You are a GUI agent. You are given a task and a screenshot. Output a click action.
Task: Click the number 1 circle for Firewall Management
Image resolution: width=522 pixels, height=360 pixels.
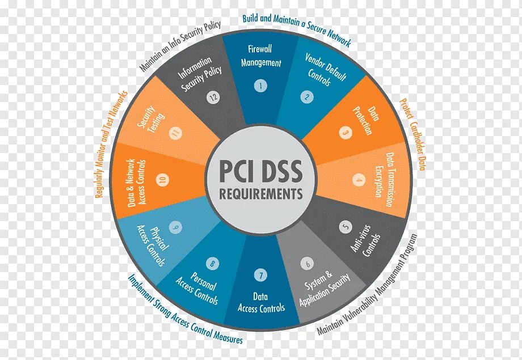(260, 86)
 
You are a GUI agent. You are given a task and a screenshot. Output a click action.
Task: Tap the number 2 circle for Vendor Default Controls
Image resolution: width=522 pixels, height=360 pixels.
(306, 97)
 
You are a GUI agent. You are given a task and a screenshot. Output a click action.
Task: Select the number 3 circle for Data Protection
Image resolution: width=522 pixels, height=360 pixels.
(344, 133)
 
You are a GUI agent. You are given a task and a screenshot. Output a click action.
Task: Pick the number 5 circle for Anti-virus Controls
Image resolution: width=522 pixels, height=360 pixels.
(346, 227)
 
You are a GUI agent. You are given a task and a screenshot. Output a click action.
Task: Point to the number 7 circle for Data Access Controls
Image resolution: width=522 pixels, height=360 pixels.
(260, 276)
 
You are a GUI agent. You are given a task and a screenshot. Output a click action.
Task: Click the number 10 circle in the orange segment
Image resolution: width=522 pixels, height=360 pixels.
(163, 180)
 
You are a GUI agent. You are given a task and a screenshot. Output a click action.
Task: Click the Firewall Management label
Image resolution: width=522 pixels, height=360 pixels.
(260, 56)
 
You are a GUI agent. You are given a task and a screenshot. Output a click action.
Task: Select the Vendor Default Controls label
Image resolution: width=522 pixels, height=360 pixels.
(322, 69)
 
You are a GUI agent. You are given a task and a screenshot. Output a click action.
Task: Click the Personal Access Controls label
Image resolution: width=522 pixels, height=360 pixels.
(196, 286)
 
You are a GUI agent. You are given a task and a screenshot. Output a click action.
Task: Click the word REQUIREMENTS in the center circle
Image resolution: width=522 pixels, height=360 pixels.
(261, 194)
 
